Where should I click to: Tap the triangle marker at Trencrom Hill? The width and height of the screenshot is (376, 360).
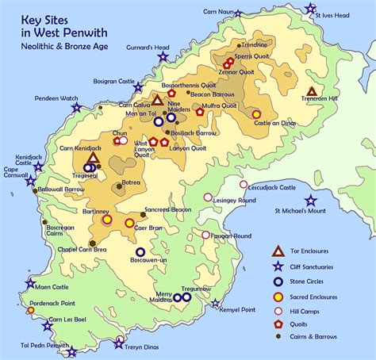(311, 92)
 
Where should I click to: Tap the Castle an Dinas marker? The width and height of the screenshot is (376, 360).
(256, 114)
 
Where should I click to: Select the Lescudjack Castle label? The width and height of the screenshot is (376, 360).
(267, 187)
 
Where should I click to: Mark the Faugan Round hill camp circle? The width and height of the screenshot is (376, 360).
(205, 235)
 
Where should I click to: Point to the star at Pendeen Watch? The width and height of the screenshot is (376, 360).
(77, 107)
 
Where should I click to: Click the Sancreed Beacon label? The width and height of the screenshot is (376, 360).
(167, 209)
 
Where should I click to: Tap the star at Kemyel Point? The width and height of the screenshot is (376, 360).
(215, 303)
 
